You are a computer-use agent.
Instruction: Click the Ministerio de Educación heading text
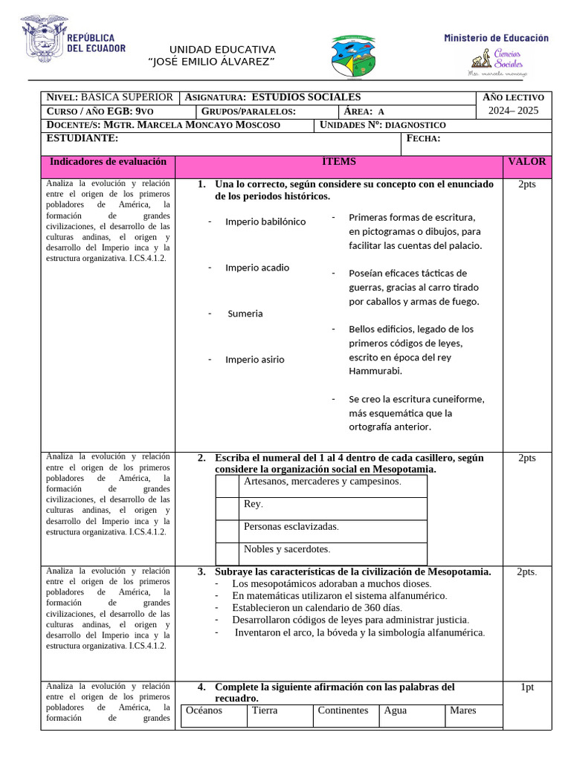point(496,38)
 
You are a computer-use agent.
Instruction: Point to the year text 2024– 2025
point(514,111)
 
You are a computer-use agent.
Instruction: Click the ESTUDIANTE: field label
point(82,138)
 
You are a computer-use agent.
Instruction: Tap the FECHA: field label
point(424,139)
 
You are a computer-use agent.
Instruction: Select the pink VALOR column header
point(526,161)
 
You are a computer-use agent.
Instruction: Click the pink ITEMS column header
point(338,161)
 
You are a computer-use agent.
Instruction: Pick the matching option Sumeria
point(245,314)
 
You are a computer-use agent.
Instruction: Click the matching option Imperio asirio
point(254,360)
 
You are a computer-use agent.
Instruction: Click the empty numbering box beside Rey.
point(228,508)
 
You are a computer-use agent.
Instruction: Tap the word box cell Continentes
point(343,710)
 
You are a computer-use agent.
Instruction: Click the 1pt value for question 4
point(526,687)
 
